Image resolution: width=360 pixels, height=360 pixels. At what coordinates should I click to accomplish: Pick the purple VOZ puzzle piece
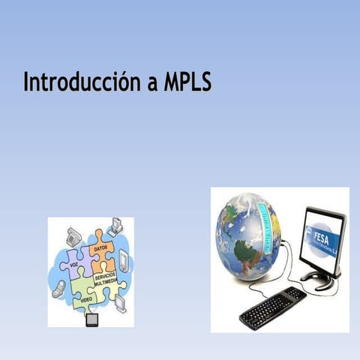(74, 265)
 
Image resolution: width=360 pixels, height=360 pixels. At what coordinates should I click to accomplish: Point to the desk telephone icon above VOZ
(73, 236)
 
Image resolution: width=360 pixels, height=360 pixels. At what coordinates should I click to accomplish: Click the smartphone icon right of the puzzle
(124, 260)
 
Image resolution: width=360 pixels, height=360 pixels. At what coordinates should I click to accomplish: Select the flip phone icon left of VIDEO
(58, 289)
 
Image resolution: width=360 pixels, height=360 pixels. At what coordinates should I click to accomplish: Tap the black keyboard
(271, 306)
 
